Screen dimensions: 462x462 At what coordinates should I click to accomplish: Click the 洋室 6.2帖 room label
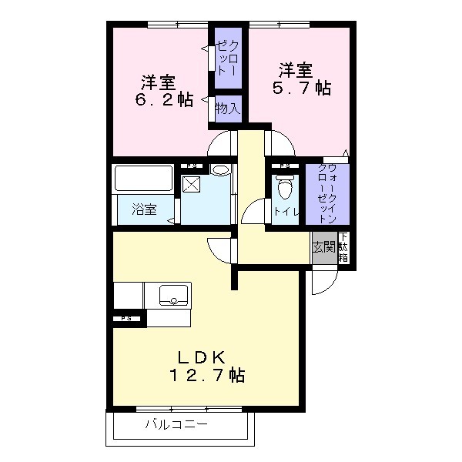(165, 91)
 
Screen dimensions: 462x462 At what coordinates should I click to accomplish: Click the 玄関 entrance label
(323, 247)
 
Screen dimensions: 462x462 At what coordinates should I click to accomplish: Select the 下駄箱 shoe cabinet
(343, 247)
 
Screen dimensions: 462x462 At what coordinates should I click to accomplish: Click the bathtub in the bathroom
(143, 179)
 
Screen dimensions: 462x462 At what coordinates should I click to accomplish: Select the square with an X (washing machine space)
(192, 185)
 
